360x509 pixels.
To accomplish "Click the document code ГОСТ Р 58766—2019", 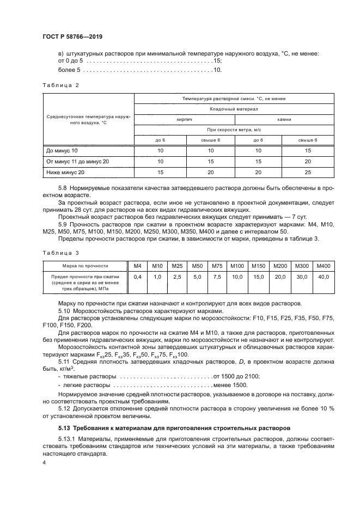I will coord(72,36).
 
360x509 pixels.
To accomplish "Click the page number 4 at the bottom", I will coord(44,462).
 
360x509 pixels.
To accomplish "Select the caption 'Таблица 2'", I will coord(61,85).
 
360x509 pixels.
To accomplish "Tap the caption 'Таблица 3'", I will coord(61,253).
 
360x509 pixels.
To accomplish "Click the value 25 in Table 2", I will coord(308,172).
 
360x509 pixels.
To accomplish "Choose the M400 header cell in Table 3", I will coord(323,266).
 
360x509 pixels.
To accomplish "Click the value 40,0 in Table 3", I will coord(323,277).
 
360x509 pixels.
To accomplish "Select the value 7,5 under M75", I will coord(217,277).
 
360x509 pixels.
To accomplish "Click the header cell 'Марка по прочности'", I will coord(85,266).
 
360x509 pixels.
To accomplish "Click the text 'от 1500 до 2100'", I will coord(237,376).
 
